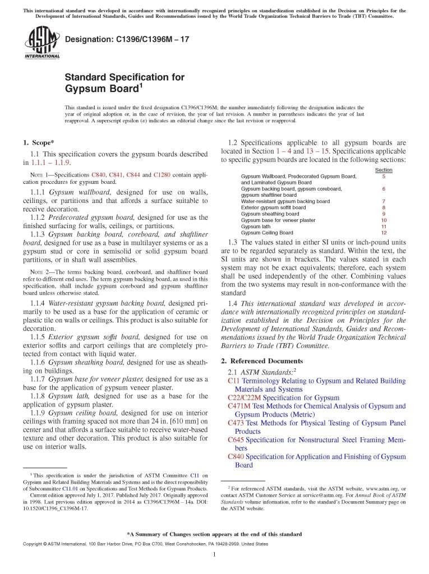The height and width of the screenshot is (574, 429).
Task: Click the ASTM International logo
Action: [42, 44]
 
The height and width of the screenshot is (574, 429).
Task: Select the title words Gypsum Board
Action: [102, 89]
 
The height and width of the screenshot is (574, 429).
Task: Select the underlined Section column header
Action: [384, 170]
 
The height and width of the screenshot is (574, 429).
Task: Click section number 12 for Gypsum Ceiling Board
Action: [384, 233]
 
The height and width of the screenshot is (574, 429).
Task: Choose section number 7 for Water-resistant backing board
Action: [384, 201]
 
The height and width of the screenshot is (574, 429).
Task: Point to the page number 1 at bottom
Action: [215, 554]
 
